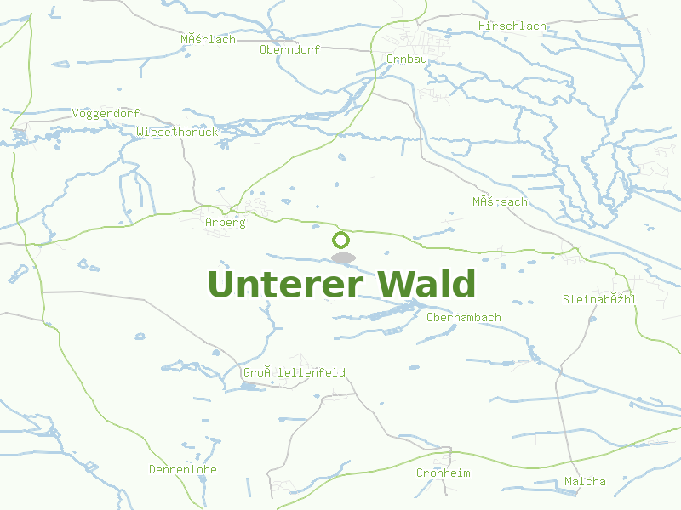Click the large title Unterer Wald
coord(341,285)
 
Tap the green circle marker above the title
coord(341,240)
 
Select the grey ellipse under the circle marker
coord(343,258)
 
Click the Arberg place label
coord(225,223)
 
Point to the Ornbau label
coord(407,59)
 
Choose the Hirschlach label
coord(512,26)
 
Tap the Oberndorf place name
coord(289,49)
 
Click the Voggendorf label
coord(106,113)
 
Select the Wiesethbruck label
coord(177,132)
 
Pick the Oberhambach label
coord(463,317)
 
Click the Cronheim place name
coord(443,473)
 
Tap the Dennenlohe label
coord(182,469)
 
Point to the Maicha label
coord(585,481)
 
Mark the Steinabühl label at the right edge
coord(599,299)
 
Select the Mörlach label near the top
coord(208,39)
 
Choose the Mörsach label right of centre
coord(500,201)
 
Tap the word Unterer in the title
coord(283,285)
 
